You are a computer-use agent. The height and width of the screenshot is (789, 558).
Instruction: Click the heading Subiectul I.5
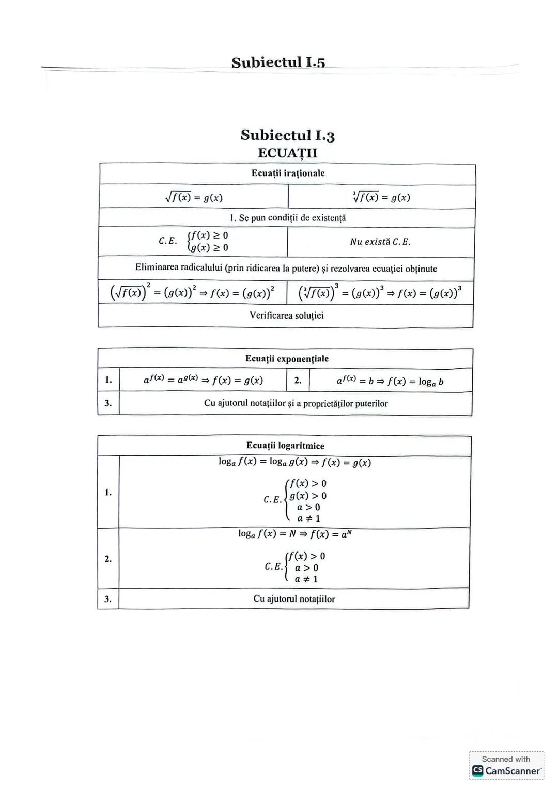pos(278,62)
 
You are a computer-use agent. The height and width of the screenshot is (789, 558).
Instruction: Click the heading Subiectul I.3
pos(287,135)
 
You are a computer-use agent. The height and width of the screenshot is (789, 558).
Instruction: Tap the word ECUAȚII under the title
pos(287,153)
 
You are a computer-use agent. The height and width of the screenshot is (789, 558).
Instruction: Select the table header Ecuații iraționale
pos(288,173)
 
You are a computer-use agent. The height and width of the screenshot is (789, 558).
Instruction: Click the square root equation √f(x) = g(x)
pos(194,197)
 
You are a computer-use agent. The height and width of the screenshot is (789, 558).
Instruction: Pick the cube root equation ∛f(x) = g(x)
pos(381,197)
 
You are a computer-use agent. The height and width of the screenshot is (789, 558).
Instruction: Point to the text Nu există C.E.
pos(380,242)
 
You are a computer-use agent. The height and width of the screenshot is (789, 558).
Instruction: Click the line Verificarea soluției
pos(286,315)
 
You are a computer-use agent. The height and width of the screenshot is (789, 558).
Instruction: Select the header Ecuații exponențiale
pos(287,359)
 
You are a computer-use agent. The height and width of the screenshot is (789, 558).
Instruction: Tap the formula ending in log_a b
pos(390,381)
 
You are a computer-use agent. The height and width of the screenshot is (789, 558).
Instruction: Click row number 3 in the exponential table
pos(108,403)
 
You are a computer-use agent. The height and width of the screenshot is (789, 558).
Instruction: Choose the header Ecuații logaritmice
pos(285,446)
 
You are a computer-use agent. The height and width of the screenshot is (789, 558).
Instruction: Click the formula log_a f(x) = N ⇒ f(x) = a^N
pos(295,534)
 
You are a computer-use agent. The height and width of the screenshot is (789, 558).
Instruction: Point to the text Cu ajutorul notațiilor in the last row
pos(294,598)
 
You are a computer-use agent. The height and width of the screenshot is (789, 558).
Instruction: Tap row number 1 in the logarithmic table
pos(108,492)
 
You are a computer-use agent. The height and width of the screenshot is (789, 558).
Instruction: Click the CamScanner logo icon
pos(477,770)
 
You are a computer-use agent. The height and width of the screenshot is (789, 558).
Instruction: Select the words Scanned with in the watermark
pos(506,759)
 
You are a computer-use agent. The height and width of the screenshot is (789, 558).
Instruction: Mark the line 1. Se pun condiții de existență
pos(288,218)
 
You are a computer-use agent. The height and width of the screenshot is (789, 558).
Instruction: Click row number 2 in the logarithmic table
pos(108,559)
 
